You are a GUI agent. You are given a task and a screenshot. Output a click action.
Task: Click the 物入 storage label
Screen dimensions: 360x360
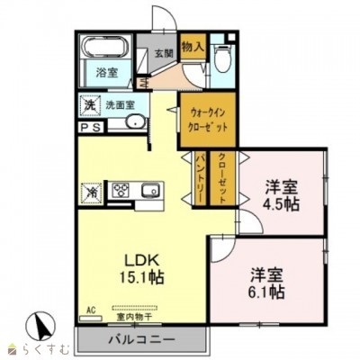193,44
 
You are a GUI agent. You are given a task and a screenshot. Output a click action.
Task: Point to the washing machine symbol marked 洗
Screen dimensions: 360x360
90,104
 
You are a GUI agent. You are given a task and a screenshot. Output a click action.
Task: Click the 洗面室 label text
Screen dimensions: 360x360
121,104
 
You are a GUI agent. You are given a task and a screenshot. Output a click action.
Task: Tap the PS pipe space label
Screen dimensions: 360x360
91,129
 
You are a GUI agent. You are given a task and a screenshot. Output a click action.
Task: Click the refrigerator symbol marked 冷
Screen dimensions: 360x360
92,191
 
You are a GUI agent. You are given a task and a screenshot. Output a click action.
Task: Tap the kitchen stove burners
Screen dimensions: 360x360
122,191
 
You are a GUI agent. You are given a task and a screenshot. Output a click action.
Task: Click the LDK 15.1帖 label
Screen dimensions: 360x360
144,260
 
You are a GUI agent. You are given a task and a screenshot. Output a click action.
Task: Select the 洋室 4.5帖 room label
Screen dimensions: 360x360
282,196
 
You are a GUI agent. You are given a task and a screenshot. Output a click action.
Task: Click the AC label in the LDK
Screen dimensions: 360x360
91,310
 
